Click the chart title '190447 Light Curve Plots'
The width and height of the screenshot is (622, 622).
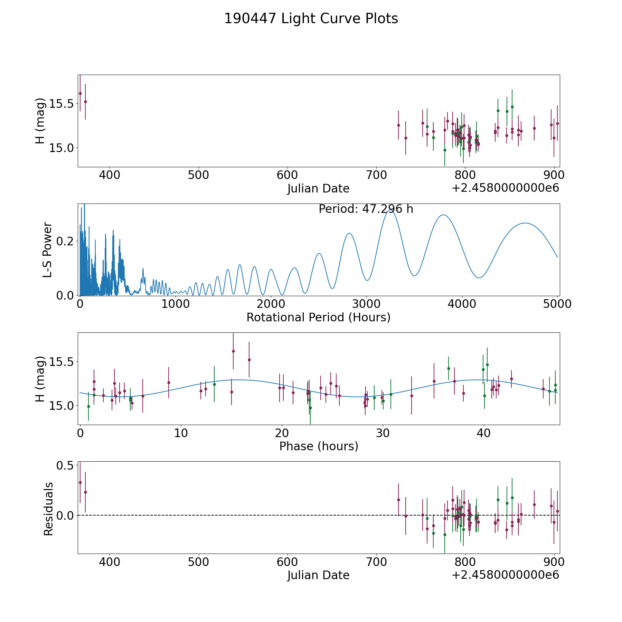coord(311,19)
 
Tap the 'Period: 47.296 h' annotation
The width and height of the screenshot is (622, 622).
coord(366,209)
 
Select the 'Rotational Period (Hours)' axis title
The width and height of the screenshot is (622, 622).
coord(318,317)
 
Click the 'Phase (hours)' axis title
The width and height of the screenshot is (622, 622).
coord(319,446)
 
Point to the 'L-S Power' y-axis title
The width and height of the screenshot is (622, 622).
coord(48,249)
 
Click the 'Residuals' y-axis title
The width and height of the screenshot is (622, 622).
coord(48,509)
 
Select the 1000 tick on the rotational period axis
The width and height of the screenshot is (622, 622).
coord(175,304)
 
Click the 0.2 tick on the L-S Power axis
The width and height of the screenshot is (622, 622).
coord(66,241)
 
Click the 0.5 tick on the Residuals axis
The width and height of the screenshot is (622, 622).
coord(66,465)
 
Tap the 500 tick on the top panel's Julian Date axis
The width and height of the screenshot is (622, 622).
coord(198,175)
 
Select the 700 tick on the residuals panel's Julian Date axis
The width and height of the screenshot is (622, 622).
coord(376,562)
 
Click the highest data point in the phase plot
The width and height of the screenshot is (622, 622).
coord(233,351)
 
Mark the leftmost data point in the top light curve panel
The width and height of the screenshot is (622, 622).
coord(80,93)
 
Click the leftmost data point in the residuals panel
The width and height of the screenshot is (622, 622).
coord(80,482)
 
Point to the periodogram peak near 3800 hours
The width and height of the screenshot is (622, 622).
coord(443,215)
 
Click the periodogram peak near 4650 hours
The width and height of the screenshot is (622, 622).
coord(525,223)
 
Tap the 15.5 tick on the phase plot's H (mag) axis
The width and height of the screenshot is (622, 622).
coord(64,362)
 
